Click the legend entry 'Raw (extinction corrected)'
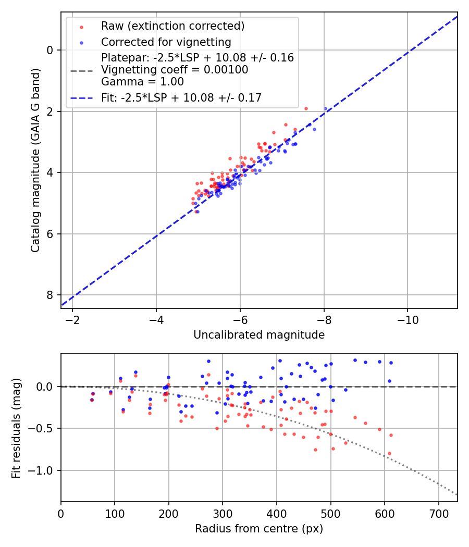(172, 26)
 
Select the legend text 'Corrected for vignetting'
(166, 42)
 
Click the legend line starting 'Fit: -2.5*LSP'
(181, 97)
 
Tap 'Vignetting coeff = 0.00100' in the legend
(175, 69)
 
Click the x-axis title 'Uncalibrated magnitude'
(259, 335)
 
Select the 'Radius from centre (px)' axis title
(259, 529)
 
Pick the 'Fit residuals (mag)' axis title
(16, 428)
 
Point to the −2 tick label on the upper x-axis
(72, 320)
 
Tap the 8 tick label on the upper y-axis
(51, 295)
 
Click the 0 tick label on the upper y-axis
(51, 50)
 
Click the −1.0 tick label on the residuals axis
(43, 471)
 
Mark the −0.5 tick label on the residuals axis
(43, 429)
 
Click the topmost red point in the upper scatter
(306, 108)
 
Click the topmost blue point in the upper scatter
(326, 109)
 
